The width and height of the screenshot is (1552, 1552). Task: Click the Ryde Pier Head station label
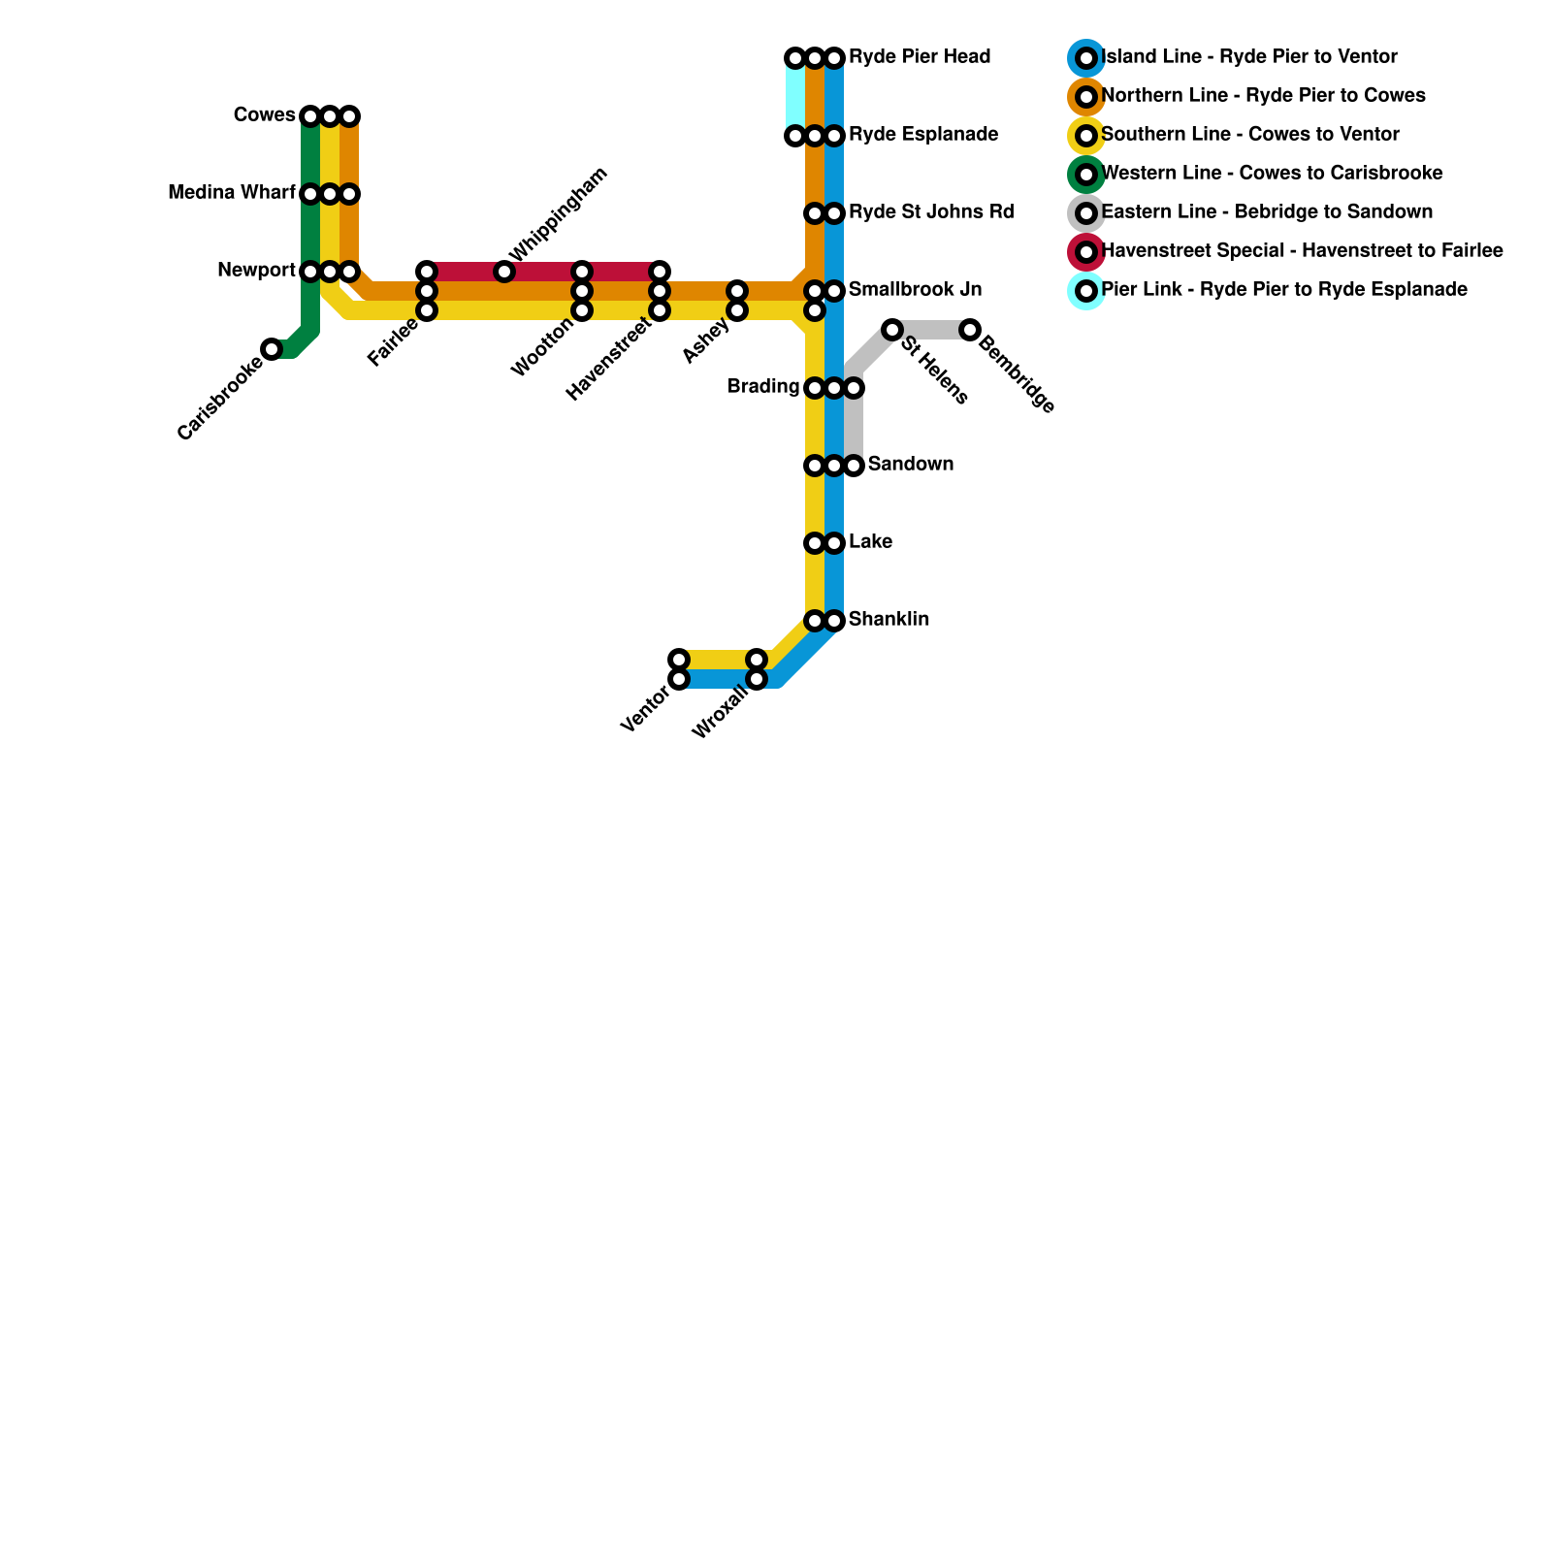tap(919, 57)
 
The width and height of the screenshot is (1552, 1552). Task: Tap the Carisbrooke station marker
tap(273, 349)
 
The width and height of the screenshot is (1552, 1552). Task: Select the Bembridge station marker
tap(970, 330)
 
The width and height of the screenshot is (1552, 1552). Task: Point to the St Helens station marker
tap(892, 330)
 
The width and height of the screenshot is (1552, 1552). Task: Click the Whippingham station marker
tap(504, 272)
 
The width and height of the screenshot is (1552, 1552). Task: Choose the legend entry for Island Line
tap(1249, 57)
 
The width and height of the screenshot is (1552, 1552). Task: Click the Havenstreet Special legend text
tap(1302, 251)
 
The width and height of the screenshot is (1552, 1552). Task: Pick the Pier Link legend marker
tap(1086, 290)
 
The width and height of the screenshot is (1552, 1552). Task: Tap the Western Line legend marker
tap(1086, 175)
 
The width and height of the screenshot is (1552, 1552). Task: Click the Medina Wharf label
tap(231, 193)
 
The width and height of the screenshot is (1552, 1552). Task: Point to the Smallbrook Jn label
tap(915, 290)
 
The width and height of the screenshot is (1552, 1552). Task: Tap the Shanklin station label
tap(889, 620)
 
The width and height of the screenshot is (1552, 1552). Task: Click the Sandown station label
tap(910, 465)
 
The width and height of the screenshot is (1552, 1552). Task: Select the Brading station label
tap(763, 387)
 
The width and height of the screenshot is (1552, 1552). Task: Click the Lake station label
tap(870, 542)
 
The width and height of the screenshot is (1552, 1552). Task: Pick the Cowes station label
tap(264, 115)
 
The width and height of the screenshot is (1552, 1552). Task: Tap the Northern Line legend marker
tap(1086, 97)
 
